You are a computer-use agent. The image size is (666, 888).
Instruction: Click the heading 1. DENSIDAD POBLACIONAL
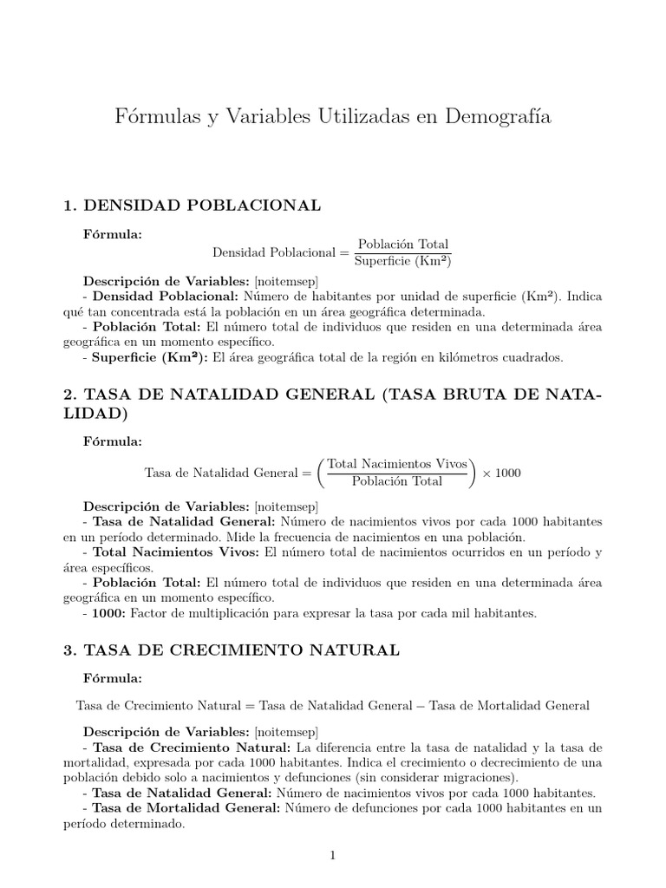coord(193,206)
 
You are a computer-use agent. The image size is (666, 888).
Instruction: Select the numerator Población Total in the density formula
coord(403,245)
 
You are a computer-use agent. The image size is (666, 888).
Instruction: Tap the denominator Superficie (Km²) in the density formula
coord(403,260)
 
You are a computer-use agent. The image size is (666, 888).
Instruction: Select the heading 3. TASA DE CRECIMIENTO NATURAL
coord(232,650)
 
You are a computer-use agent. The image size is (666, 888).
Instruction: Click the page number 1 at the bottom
coord(332,855)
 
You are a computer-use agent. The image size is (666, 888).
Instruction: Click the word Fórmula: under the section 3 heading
coord(112,677)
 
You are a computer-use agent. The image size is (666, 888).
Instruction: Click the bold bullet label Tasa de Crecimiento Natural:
coord(193,748)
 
